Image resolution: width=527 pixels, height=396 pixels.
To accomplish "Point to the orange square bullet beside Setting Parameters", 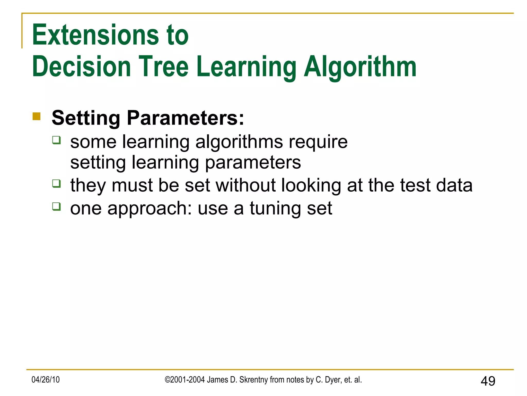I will (x=37, y=116).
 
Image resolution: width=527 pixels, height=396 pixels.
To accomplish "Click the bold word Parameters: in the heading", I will (x=185, y=118).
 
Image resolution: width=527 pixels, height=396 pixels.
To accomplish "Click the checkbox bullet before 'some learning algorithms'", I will (x=56, y=140).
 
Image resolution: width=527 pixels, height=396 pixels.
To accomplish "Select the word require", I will (x=318, y=142).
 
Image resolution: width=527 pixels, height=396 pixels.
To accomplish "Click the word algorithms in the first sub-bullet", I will (x=239, y=142).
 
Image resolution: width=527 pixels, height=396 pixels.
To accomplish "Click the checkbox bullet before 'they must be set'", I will (x=56, y=184).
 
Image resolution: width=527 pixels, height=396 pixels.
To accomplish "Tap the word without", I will (x=246, y=185).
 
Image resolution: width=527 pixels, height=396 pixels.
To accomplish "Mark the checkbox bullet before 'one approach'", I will (x=56, y=207).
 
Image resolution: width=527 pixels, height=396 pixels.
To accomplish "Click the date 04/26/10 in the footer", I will (x=46, y=379).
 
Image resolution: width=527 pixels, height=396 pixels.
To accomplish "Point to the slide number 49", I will (x=488, y=381).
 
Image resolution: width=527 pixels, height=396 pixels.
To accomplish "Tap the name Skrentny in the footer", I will (x=253, y=379).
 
